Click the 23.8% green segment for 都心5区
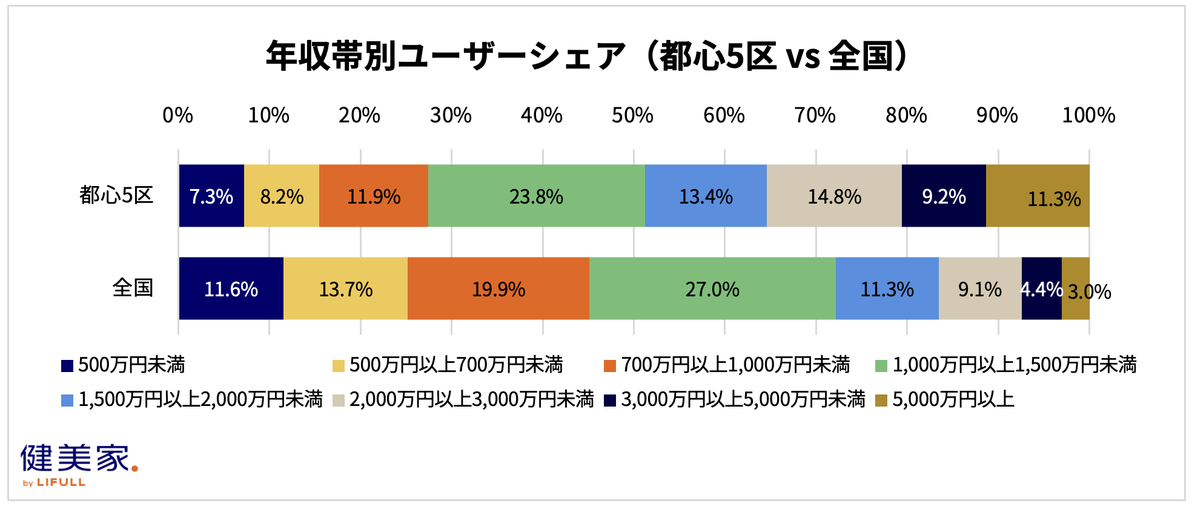coord(537,196)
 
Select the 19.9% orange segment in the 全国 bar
coord(498,288)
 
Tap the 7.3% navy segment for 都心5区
coord(211,196)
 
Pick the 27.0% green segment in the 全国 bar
coord(712,288)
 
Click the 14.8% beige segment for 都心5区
coord(834,196)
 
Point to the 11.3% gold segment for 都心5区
coord(1038,196)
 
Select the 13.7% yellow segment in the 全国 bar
coord(345,288)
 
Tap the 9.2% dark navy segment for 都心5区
coord(944,196)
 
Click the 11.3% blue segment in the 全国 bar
coord(887,288)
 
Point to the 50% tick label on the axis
coord(632,115)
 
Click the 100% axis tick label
coord(1088,115)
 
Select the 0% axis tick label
coord(177,115)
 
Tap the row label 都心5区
coord(116,195)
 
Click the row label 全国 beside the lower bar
coord(133,287)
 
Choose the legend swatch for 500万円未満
coord(67,366)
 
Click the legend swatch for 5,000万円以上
coord(881,401)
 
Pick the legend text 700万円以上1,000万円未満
coord(735,365)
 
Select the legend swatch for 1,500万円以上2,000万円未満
coord(67,401)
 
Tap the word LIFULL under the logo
coord(61,483)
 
